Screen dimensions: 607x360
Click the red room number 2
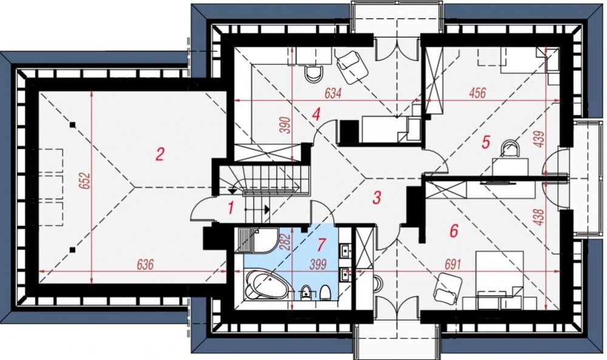160,154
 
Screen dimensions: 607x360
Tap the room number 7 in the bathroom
321,244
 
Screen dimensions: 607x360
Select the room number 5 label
486,142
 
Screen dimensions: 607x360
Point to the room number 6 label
453,231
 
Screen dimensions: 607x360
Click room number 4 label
317,114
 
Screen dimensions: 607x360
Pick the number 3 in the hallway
376,198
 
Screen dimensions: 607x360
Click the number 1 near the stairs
231,209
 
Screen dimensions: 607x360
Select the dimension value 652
86,181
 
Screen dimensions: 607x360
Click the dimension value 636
145,265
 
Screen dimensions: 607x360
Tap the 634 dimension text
333,93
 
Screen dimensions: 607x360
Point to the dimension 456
477,93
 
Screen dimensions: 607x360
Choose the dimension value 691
453,265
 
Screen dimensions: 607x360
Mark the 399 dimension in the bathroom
318,265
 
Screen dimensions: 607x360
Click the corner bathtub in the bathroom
266,285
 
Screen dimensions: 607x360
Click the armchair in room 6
447,288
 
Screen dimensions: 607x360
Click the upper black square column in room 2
72,124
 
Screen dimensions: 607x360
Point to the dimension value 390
285,124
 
